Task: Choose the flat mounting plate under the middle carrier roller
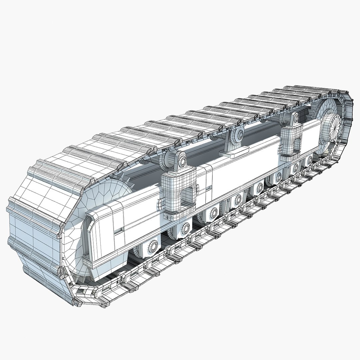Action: coord(234,153)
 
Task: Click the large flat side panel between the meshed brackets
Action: coord(240,173)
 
